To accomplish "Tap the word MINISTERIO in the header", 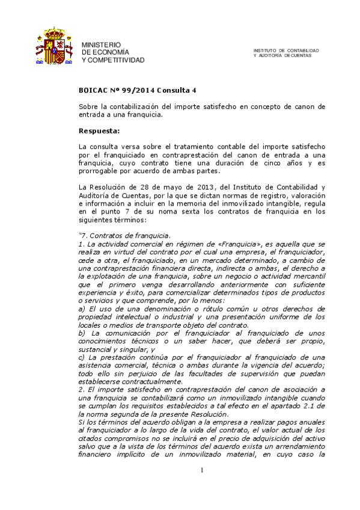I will [101, 45].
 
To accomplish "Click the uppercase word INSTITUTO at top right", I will [266, 51].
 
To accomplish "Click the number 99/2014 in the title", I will [139, 90].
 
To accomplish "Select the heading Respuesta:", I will [99, 130].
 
